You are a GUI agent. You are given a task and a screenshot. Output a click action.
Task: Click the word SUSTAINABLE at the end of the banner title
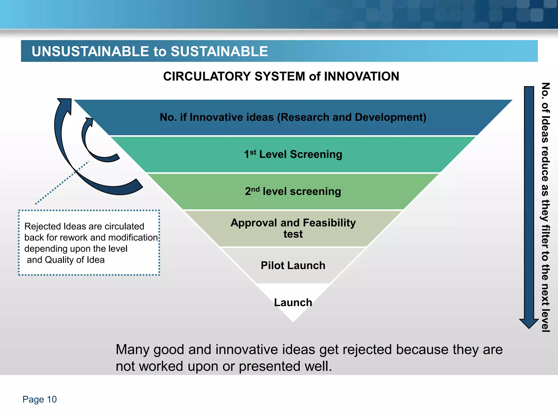coord(219,51)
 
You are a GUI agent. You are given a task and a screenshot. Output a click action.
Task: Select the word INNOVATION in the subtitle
coord(362,76)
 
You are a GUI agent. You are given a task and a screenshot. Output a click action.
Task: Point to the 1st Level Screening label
coord(293,154)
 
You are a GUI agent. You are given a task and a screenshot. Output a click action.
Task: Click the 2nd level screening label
coord(293,191)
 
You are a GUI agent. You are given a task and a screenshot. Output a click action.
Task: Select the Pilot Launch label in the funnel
coord(293,265)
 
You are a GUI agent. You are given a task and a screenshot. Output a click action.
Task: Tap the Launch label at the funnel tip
coord(293,302)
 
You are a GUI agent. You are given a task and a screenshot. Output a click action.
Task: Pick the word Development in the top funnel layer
coord(390,117)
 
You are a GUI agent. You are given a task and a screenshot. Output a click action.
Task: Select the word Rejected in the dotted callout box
coord(43,226)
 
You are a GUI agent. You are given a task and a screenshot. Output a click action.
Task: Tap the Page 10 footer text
coord(40,399)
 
